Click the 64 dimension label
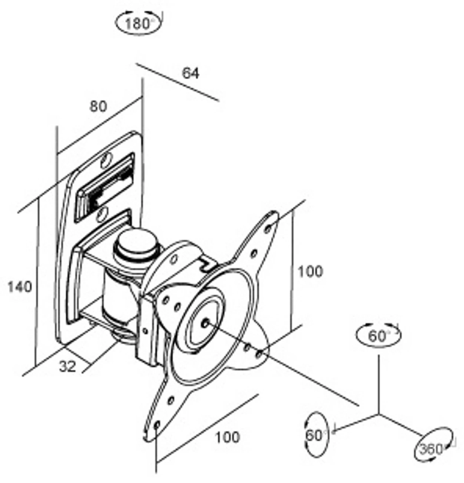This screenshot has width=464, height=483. click(191, 73)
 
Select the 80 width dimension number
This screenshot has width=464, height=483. click(98, 107)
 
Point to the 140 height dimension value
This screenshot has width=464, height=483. click(20, 287)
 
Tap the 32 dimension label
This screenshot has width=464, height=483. click(68, 366)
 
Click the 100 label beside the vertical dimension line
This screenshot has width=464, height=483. click(310, 271)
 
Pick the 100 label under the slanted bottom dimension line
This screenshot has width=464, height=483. click(227, 437)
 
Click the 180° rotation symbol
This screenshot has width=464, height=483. click(138, 23)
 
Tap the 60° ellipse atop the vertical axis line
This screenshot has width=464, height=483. click(378, 335)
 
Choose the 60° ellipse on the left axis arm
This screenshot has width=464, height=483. click(316, 435)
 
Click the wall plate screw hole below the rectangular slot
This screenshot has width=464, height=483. click(101, 215)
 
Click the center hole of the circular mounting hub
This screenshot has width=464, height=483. click(206, 322)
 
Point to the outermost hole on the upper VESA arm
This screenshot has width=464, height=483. click(268, 228)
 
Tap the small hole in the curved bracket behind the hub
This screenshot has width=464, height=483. click(174, 259)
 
